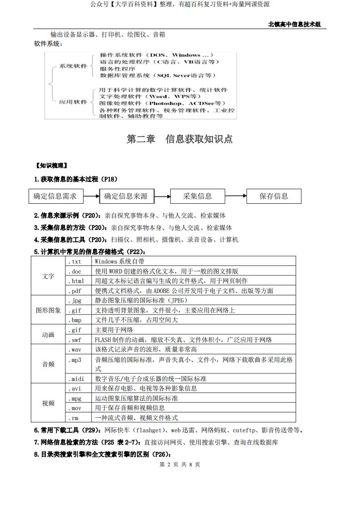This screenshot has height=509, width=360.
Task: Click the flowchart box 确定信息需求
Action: pos(55,196)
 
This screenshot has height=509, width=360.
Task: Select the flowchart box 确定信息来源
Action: pos(126,196)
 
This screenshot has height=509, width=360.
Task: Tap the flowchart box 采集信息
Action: pos(197,196)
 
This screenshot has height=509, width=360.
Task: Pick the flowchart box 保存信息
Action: pos(274,196)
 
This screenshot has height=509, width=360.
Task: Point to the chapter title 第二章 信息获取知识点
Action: pos(180,139)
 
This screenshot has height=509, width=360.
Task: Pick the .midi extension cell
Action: pos(76,379)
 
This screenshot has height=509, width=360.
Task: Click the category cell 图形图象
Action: pos(48,310)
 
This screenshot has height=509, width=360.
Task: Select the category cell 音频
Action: pos(48,364)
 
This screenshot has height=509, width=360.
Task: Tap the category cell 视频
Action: pos(48,403)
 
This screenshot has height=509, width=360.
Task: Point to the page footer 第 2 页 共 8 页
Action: pos(180,464)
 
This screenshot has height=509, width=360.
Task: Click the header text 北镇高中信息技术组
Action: pos(295,24)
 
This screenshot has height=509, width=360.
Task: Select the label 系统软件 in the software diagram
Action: pos(73,66)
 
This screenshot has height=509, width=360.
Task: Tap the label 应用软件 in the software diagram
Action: pos(73,102)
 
